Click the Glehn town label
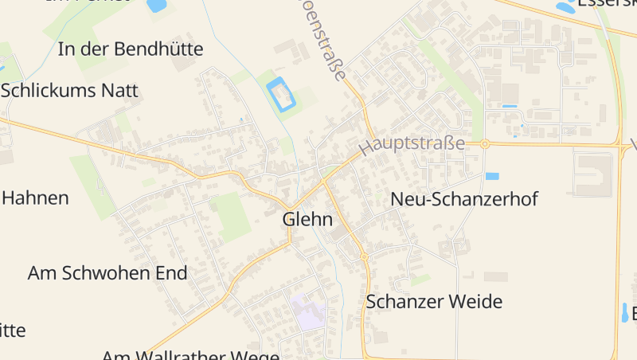(307, 220)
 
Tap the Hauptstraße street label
(412, 144)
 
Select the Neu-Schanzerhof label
(464, 199)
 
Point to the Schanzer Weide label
(434, 302)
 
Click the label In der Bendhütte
(131, 49)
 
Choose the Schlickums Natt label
(69, 90)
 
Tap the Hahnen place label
(35, 198)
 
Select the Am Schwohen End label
(107, 273)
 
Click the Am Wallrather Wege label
(190, 354)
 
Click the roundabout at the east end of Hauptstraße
(484, 144)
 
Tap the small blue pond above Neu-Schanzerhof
(492, 176)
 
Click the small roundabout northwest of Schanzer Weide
(363, 256)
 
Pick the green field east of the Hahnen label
(94, 186)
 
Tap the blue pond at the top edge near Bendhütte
(156, 5)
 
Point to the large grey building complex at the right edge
(593, 174)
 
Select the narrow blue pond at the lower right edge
(624, 312)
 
